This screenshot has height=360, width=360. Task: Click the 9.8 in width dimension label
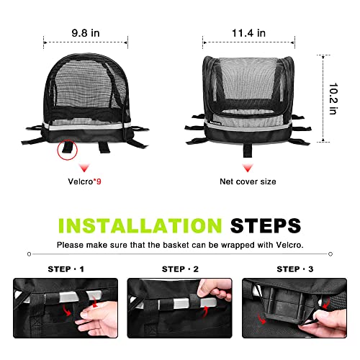tap(86, 33)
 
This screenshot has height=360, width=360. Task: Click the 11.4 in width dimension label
tap(248, 33)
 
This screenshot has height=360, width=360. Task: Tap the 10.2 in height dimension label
tap(333, 99)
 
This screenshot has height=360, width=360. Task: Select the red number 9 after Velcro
tap(99, 181)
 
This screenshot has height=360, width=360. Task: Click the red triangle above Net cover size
tap(248, 168)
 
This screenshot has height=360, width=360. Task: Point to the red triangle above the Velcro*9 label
tap(84, 168)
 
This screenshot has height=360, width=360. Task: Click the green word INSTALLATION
tap(140, 225)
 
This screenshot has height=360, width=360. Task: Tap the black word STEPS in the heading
tap(266, 225)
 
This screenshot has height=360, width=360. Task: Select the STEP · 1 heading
tap(66, 269)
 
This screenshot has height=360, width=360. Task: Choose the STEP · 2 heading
tap(180, 269)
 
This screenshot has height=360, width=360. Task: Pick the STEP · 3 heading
tap(295, 269)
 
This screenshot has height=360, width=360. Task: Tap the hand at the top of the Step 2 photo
tap(215, 289)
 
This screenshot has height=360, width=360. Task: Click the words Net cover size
tap(248, 181)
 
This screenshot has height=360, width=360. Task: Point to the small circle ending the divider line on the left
tap(30, 254)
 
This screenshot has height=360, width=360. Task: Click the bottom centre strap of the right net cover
tap(248, 150)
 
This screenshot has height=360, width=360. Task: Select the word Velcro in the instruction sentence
tap(289, 245)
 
